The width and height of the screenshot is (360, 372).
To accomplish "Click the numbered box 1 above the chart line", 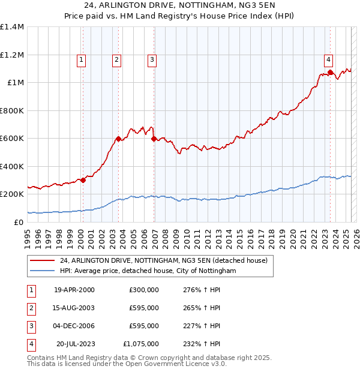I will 81,59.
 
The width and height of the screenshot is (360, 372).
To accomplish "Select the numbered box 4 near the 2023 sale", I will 329,59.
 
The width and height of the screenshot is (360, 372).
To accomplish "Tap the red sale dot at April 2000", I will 83,181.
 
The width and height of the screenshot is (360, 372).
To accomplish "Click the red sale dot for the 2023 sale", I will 330,73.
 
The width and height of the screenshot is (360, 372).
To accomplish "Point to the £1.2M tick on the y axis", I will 12,55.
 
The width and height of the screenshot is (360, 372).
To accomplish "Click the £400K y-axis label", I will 12,166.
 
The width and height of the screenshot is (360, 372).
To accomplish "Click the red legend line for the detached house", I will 42,260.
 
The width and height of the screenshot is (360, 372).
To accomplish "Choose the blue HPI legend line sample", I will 42,271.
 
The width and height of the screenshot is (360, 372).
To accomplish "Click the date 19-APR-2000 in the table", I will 74,290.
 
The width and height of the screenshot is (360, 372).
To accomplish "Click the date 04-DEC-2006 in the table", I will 74,326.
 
